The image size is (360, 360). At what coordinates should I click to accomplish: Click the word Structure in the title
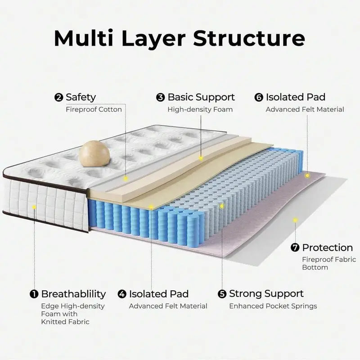[249, 39]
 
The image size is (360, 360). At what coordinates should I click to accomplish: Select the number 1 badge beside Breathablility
[34, 294]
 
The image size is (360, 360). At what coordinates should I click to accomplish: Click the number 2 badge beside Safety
[58, 97]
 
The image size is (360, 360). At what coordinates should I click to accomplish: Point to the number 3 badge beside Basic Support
[161, 97]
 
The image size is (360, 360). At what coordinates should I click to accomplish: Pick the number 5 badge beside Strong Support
[222, 294]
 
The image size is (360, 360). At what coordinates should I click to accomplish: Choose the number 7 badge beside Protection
[295, 247]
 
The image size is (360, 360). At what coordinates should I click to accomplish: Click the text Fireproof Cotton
[94, 109]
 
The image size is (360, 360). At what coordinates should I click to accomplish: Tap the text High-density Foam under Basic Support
[200, 109]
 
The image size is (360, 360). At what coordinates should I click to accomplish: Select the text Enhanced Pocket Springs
[273, 306]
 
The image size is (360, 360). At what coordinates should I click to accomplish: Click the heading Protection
[327, 247]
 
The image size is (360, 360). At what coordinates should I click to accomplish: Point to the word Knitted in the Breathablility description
[54, 322]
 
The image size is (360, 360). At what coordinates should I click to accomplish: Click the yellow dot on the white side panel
[34, 207]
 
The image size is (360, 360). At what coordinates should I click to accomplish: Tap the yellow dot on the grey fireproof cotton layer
[126, 179]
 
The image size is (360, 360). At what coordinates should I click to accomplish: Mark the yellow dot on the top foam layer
[201, 158]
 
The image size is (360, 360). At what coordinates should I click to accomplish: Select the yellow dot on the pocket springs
[221, 206]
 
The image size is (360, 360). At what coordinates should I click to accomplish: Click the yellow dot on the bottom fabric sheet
[295, 220]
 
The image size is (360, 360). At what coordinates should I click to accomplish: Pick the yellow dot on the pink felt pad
[307, 175]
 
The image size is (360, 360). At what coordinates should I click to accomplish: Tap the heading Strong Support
[266, 294]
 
